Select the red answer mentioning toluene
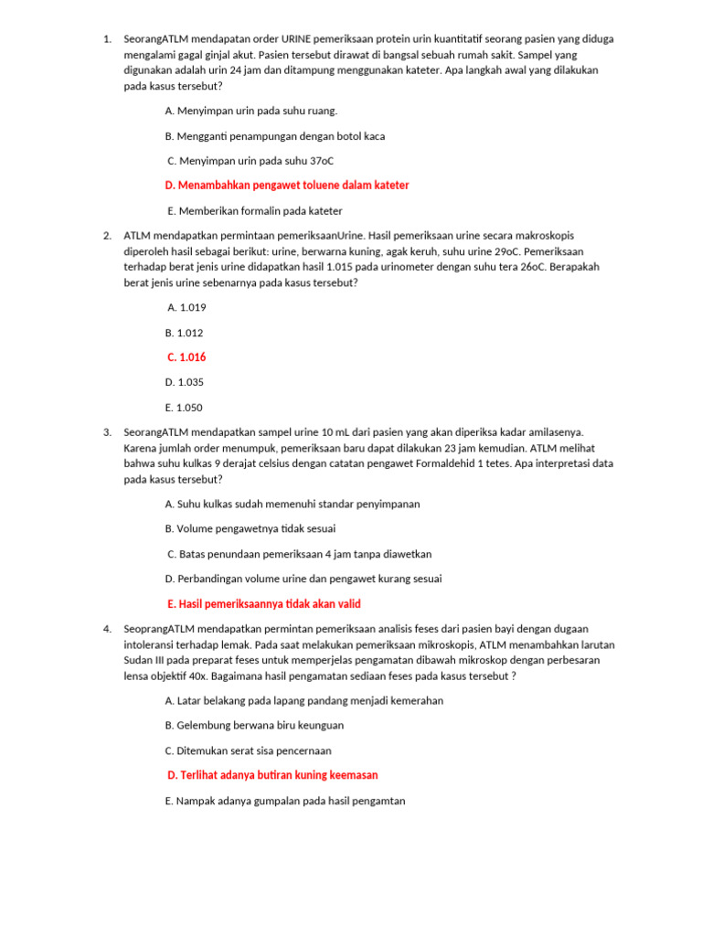(x=287, y=185)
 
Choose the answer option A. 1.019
(x=186, y=308)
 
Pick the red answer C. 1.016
(x=186, y=357)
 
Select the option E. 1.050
(x=184, y=408)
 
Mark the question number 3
(x=107, y=432)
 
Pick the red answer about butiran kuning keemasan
(x=273, y=775)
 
